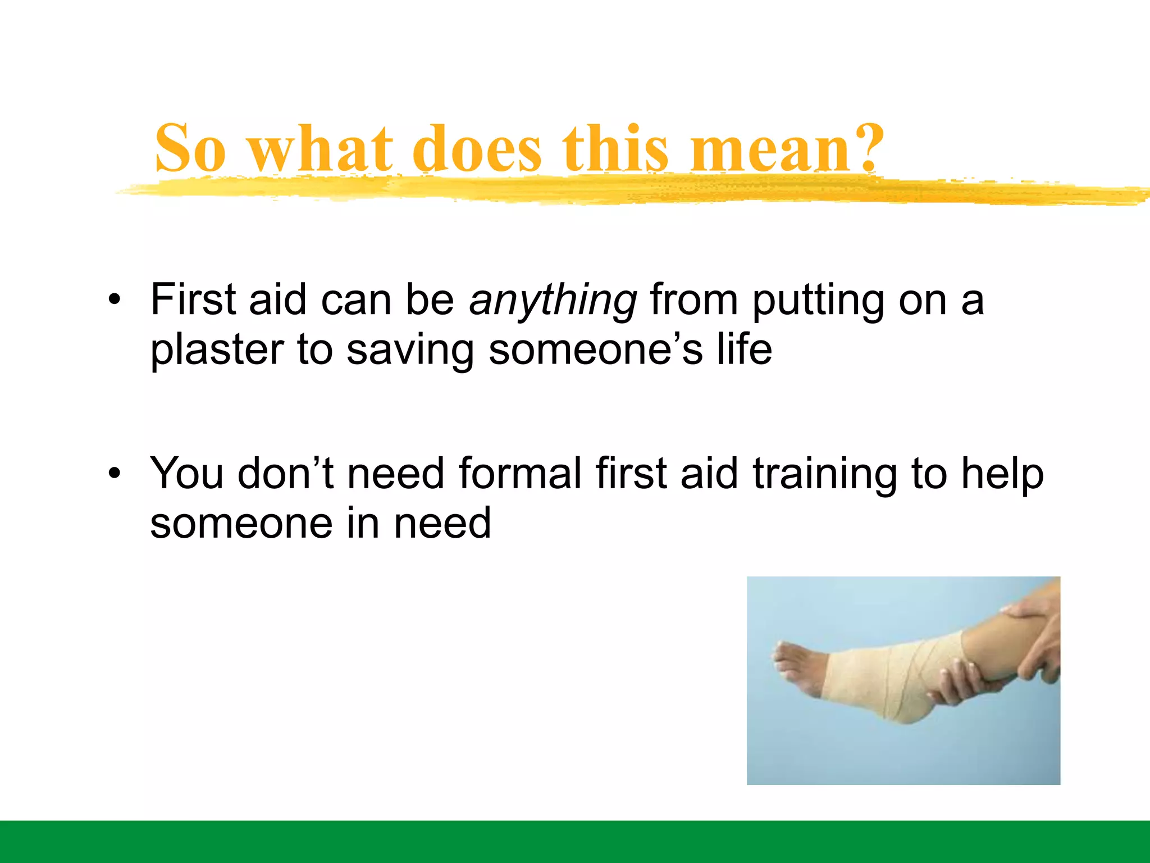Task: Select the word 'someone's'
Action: point(595,350)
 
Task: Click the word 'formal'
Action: point(521,473)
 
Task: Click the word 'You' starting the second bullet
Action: point(188,473)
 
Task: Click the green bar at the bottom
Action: point(575,841)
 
